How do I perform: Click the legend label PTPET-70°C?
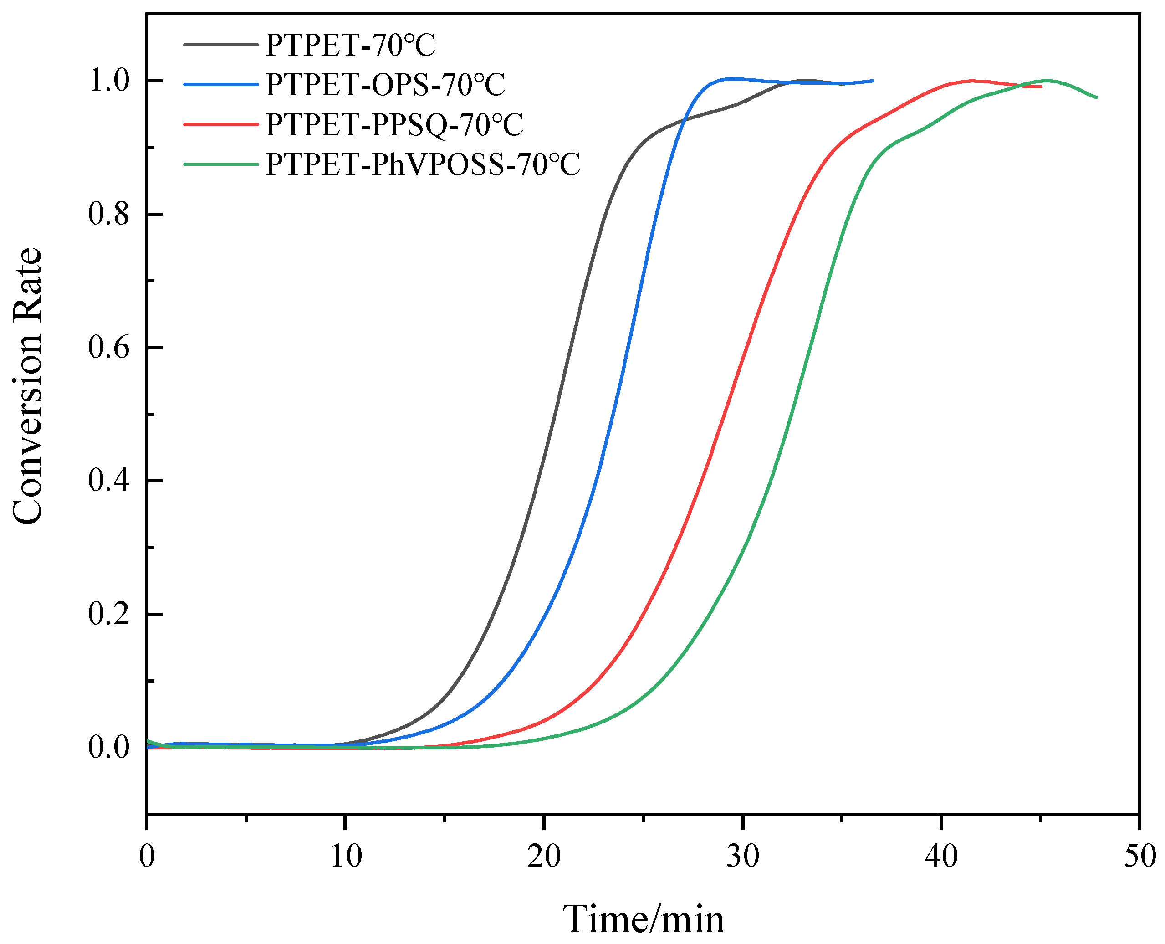pos(350,45)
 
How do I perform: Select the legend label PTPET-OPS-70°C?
pos(385,85)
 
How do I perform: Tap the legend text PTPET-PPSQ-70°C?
pos(394,124)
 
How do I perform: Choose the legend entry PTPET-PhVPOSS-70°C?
pos(423,164)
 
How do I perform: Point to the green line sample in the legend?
pos(221,164)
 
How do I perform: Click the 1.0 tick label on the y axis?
pos(109,82)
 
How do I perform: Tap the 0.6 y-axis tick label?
pos(109,348)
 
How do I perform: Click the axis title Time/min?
pos(643,919)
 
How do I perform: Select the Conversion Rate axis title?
pos(27,386)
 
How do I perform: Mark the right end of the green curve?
pos(1097,97)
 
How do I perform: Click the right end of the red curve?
pos(1041,87)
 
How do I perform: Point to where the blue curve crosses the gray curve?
pos(684,119)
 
